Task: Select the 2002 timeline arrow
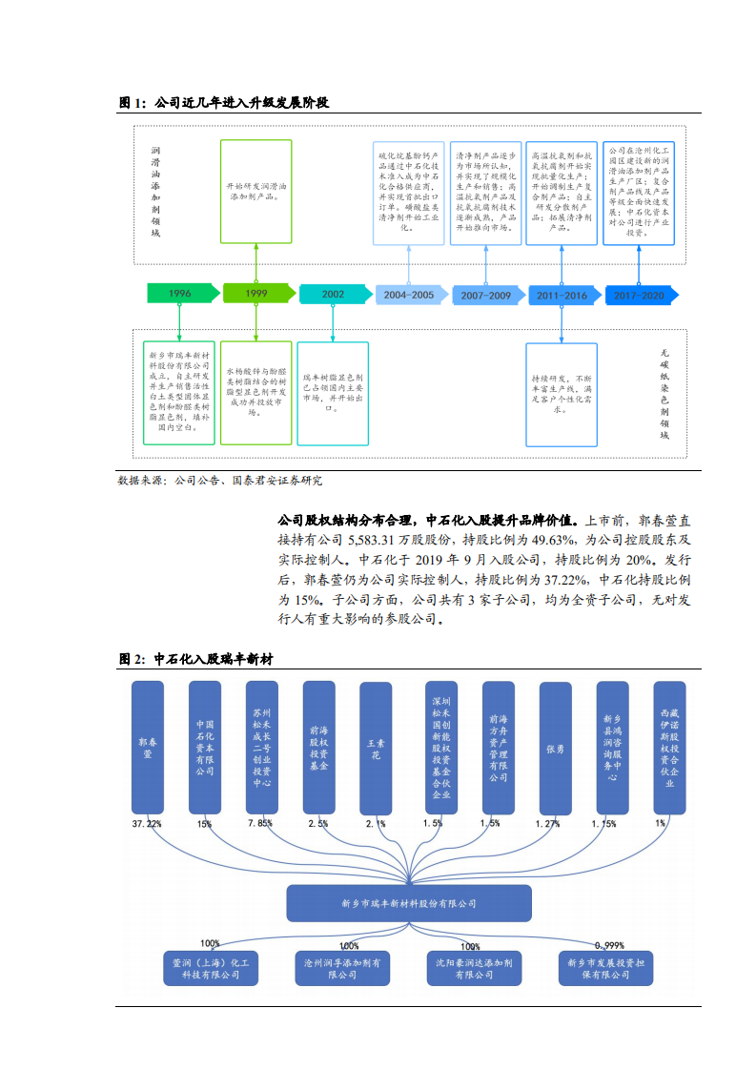click(x=334, y=294)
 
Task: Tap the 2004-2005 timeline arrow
click(x=409, y=295)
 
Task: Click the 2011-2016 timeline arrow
click(x=562, y=296)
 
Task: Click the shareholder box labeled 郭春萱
click(x=147, y=748)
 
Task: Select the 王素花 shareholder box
click(x=375, y=748)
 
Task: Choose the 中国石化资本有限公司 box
click(x=204, y=748)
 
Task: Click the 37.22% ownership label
click(x=147, y=823)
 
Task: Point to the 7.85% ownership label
click(x=260, y=823)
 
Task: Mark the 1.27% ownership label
click(x=547, y=823)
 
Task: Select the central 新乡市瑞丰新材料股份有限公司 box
click(x=408, y=902)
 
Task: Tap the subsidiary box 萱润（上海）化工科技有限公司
click(x=209, y=969)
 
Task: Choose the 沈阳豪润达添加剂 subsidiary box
click(x=474, y=969)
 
